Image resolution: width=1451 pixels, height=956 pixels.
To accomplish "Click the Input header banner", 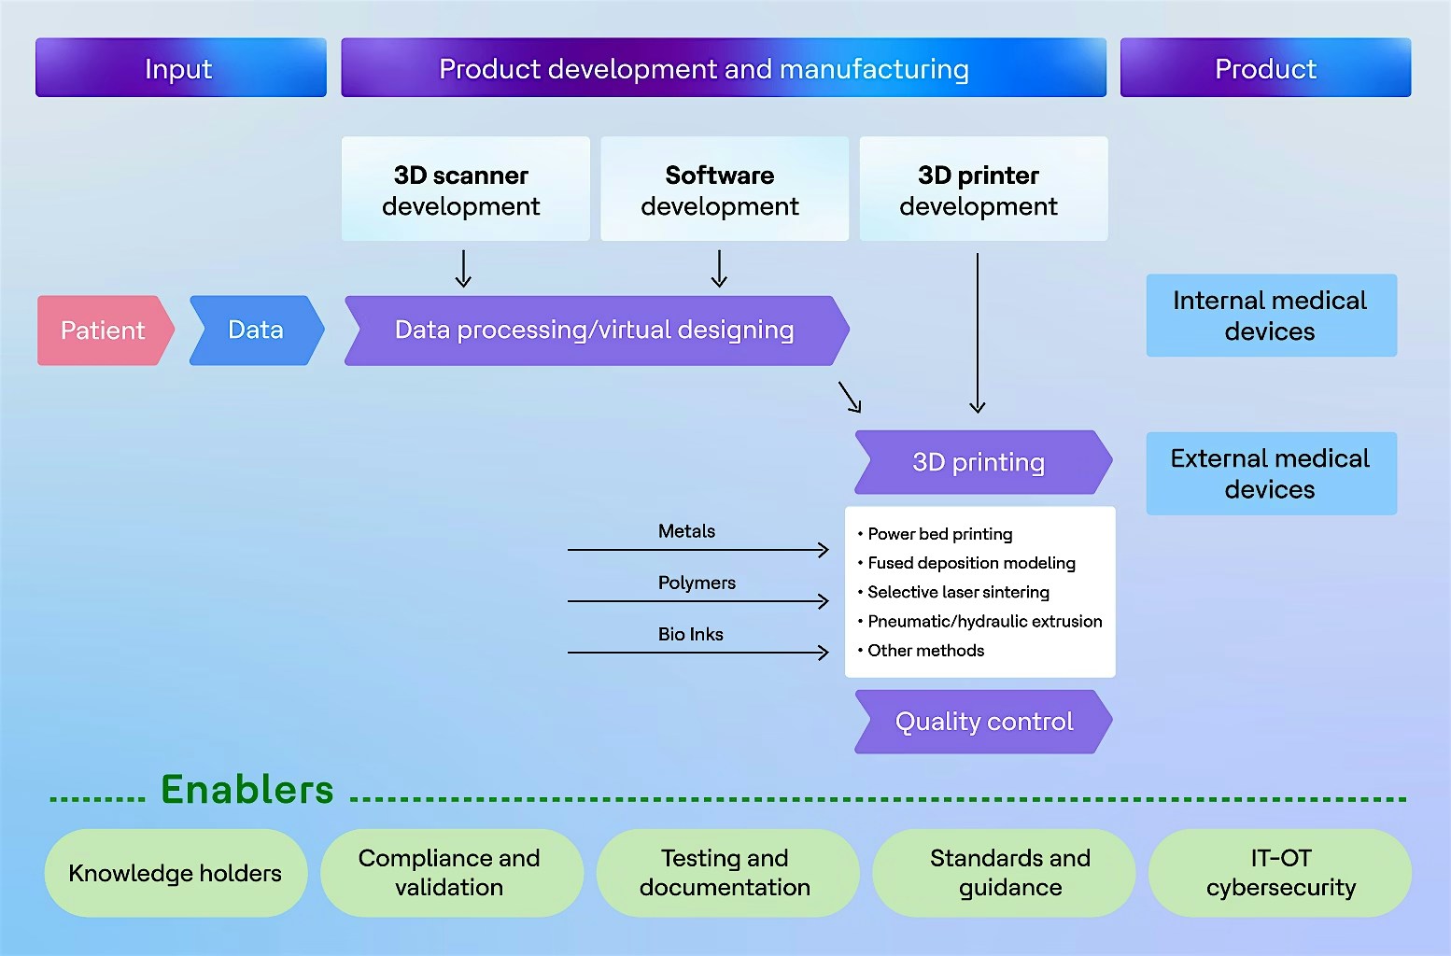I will (x=180, y=68).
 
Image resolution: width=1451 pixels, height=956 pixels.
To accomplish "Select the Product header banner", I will (x=1265, y=68).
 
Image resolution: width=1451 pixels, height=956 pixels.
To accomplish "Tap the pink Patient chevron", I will (x=104, y=330).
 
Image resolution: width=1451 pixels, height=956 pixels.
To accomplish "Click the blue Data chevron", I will (x=256, y=330).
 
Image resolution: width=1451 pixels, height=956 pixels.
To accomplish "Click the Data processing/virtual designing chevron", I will (x=596, y=330).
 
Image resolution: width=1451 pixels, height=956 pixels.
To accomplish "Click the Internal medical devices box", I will (x=1271, y=316).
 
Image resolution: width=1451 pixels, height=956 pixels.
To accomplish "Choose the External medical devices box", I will (x=1271, y=473).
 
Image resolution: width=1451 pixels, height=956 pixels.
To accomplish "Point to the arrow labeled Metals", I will (x=697, y=550).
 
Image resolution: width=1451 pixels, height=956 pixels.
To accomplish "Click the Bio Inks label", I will (x=690, y=634).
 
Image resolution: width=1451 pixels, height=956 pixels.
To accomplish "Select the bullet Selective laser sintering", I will (x=958, y=592).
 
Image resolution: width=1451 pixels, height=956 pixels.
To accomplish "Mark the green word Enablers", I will (x=247, y=790).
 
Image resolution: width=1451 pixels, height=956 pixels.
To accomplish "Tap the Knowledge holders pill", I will (x=176, y=873).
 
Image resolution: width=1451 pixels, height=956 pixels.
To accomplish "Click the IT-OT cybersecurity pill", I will (x=1280, y=873).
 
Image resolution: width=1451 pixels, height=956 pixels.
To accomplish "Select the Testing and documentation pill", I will (x=725, y=873).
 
